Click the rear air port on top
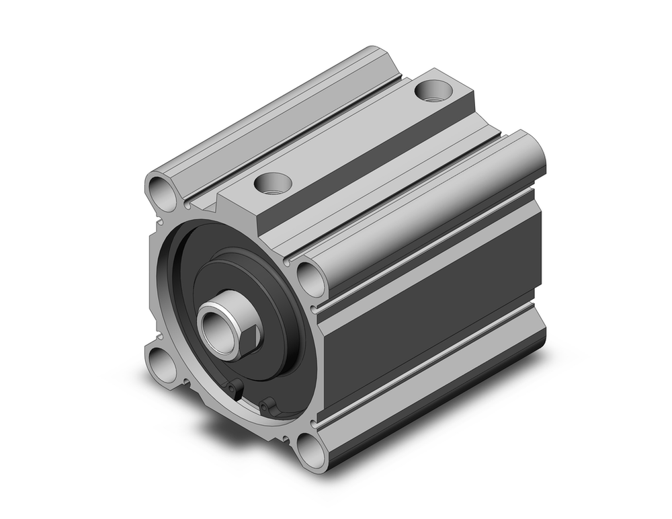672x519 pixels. tap(432, 89)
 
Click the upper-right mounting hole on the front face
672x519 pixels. tap(308, 279)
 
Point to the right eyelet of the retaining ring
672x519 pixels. tap(268, 405)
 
